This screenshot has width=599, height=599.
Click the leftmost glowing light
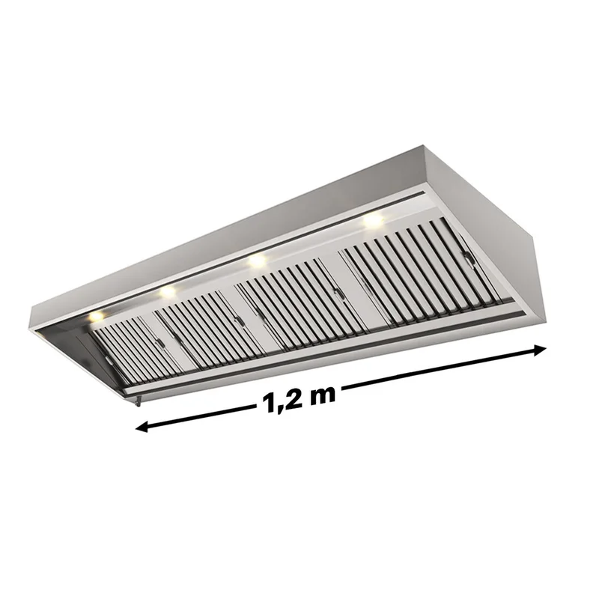pos(97,316)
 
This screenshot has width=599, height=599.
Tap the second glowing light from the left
pos(167,291)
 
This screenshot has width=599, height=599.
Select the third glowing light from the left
pos(257,261)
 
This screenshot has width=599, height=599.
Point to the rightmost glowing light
pos(373,220)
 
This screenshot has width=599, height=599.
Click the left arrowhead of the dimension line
pos(142,427)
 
